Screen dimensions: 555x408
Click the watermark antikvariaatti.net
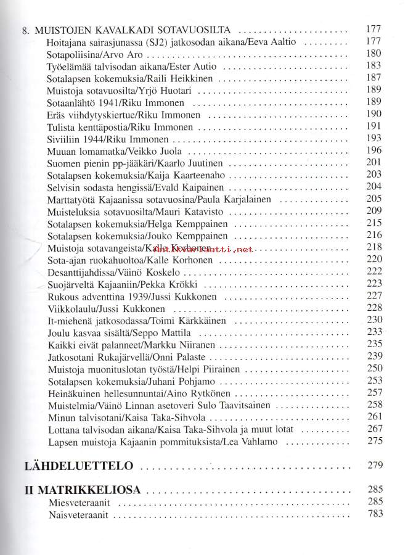pos(203,249)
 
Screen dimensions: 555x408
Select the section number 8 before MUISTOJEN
pos(25,30)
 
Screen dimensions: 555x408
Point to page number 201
pos(374,163)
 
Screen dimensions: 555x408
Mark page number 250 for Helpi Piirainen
pos(374,369)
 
